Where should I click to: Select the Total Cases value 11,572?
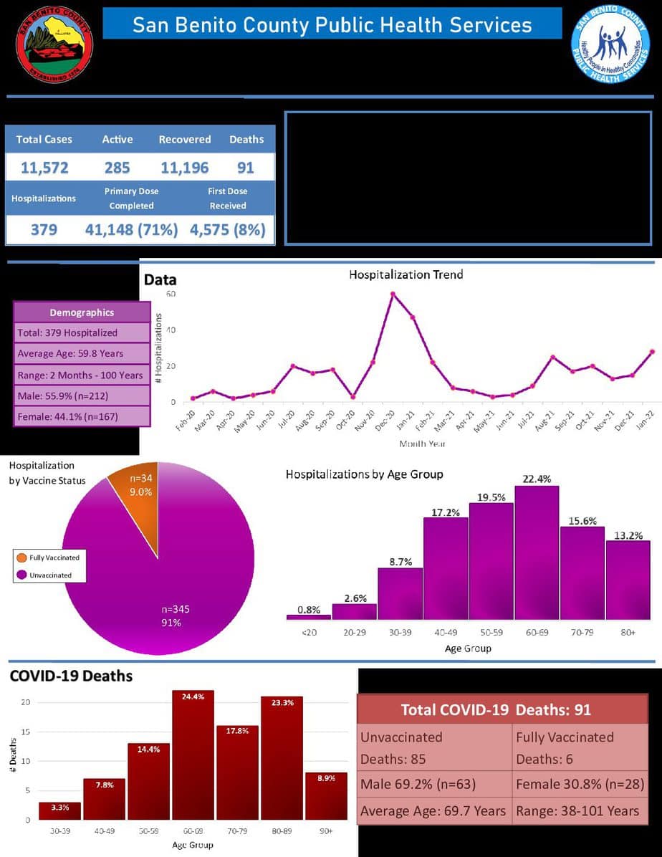coord(44,168)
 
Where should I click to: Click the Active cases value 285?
coord(117,168)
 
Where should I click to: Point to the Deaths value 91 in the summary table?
coord(245,168)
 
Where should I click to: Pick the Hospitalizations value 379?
coord(44,230)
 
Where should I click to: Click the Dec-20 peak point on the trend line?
coord(393,294)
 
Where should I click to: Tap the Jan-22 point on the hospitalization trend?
coord(652,352)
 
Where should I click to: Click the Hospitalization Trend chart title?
coord(406,274)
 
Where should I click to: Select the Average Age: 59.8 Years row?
coord(82,353)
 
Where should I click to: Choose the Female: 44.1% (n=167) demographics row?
coord(82,416)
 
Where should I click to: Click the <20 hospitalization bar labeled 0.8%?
coord(308,616)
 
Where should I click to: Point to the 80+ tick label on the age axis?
coord(628,633)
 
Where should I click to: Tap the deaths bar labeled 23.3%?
coord(282,758)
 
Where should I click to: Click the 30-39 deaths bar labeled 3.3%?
coord(59,810)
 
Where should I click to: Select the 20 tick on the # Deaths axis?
coord(25,702)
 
